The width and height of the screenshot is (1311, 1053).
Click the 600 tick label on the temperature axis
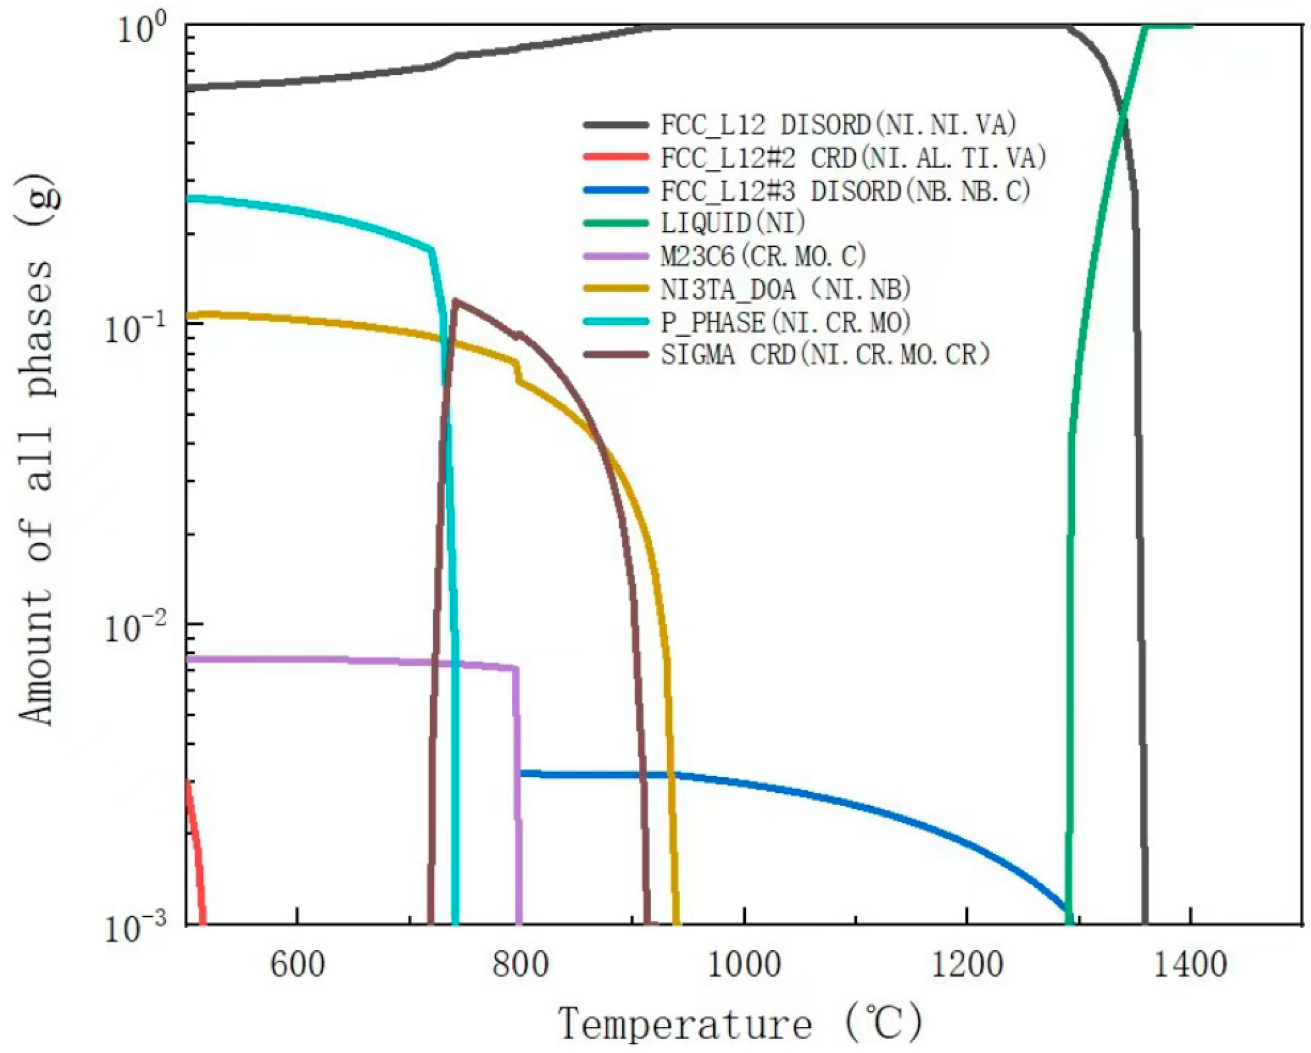pos(298,965)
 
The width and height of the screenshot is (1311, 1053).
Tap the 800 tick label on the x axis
pos(521,965)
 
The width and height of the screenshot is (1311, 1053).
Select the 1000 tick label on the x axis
pos(744,965)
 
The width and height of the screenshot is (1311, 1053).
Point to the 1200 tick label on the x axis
pos(967,965)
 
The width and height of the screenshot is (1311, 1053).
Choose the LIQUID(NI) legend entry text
pos(733,223)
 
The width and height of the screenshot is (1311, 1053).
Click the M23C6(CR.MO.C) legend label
pos(763,256)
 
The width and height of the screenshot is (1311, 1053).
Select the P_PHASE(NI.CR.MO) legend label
pos(786,322)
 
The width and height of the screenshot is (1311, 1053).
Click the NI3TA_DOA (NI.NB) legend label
pos(786,289)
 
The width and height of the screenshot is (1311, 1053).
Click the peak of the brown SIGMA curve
pos(455,300)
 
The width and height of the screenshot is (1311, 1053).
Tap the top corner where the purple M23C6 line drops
pos(516,668)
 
